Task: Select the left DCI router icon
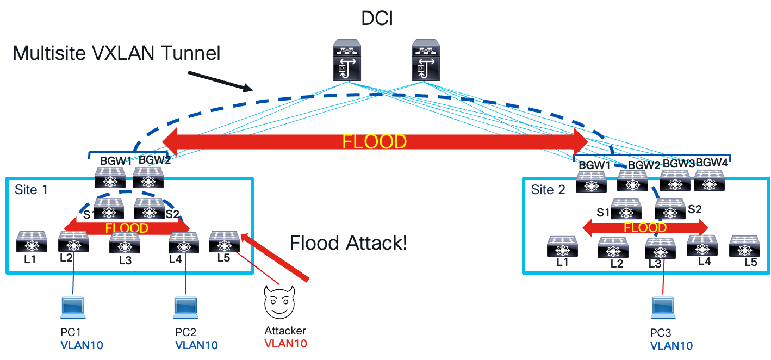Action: [x=347, y=60]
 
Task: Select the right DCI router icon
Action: [x=426, y=60]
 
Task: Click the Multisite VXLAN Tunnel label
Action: [x=116, y=53]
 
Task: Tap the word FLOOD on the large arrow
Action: [x=374, y=142]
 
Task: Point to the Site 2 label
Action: [x=549, y=190]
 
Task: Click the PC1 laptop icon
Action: [x=73, y=308]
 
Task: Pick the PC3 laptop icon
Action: [x=663, y=308]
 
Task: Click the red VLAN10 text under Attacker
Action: [x=285, y=344]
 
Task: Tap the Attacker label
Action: [x=285, y=331]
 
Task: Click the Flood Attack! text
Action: [x=348, y=243]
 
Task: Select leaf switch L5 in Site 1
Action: [x=224, y=242]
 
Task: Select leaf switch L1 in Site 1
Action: [x=32, y=242]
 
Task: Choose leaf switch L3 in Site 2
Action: [x=660, y=248]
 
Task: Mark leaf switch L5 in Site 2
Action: [x=744, y=246]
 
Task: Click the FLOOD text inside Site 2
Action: [x=645, y=228]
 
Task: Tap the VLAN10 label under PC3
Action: [x=671, y=346]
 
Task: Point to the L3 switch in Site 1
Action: [x=125, y=244]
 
